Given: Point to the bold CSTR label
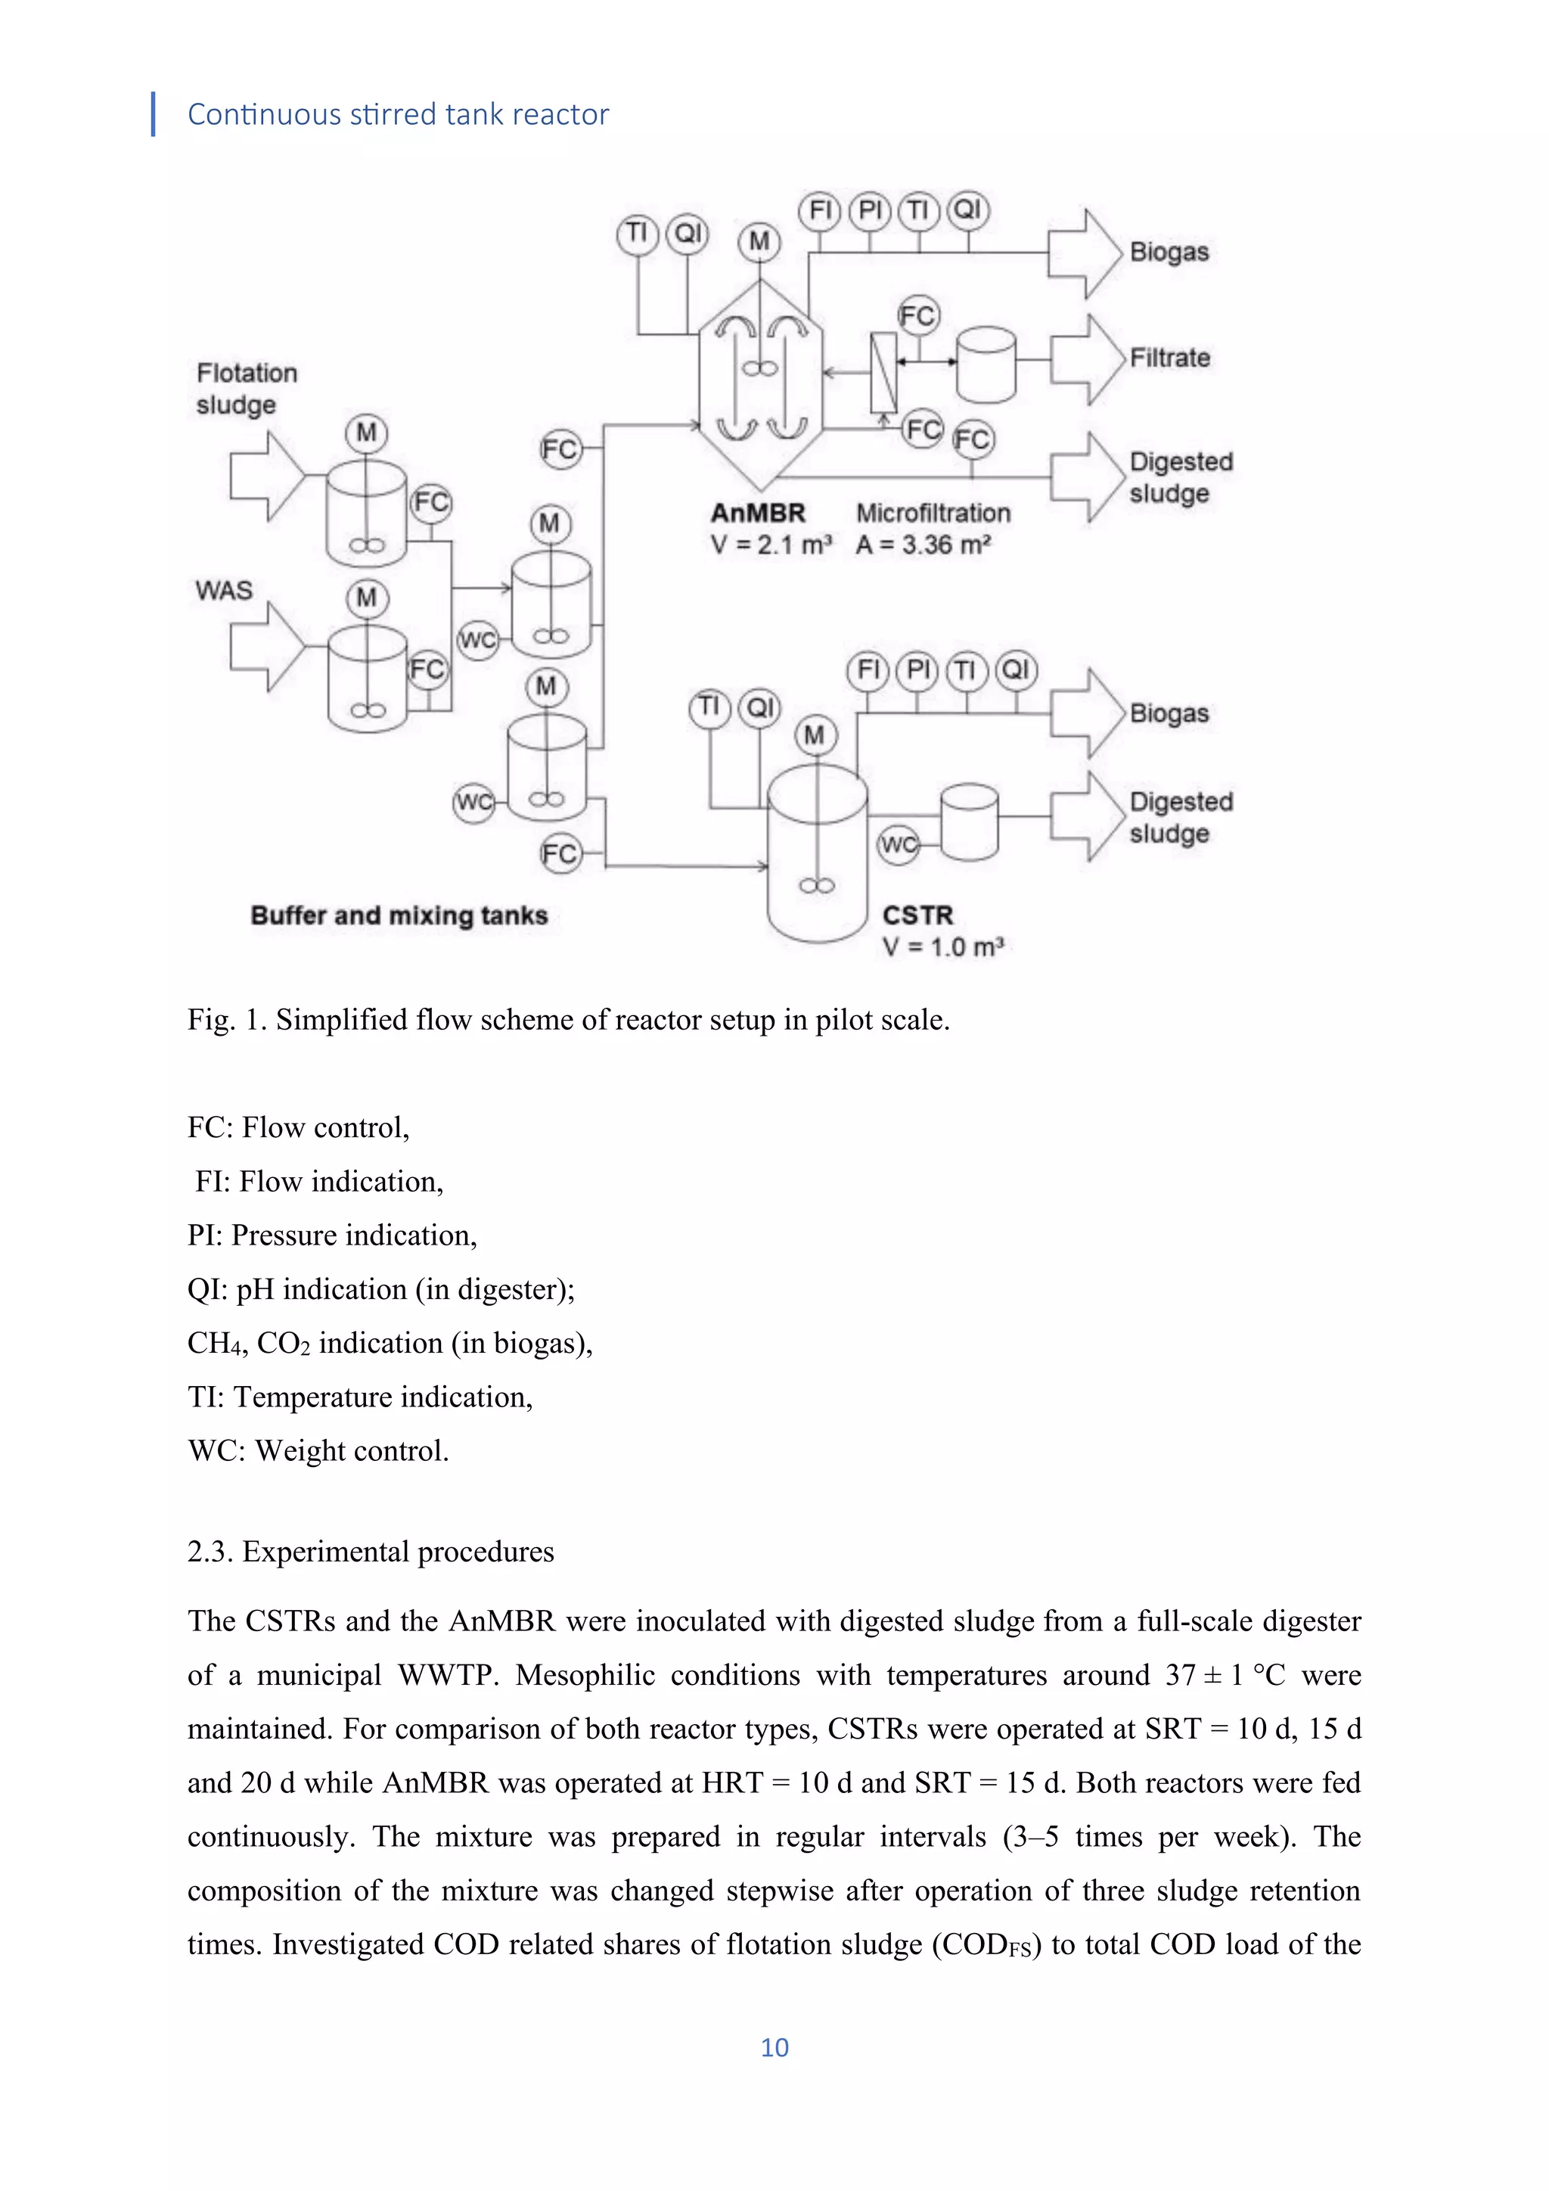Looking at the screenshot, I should click(917, 915).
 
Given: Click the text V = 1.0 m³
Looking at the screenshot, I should click(942, 946).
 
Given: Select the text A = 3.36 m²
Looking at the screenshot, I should click(924, 545).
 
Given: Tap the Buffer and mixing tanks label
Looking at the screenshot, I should click(399, 915).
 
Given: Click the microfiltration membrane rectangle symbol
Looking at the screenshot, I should click(884, 372).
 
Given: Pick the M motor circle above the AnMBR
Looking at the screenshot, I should click(759, 241).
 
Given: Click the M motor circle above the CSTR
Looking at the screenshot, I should click(815, 735).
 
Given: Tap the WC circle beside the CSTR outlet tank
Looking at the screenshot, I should click(898, 844).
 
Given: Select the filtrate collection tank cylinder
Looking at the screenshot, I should click(986, 364).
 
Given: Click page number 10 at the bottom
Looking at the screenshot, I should click(774, 2047).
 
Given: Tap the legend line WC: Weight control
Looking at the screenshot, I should click(318, 1450).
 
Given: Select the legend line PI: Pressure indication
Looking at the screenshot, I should click(332, 1235).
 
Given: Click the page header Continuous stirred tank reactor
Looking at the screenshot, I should click(398, 114).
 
